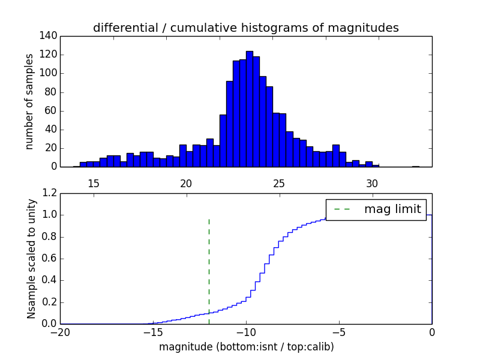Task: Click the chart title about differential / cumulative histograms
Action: (x=245, y=28)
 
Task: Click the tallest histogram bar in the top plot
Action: (x=249, y=108)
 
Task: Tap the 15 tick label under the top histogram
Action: (x=94, y=183)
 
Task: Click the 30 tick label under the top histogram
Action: (x=372, y=183)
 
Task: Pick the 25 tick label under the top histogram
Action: (x=279, y=183)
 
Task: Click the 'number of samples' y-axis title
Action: (x=29, y=101)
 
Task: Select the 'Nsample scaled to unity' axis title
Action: (x=31, y=259)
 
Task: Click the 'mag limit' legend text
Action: (x=392, y=209)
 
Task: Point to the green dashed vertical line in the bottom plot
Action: (x=209, y=270)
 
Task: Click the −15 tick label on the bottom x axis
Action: (x=153, y=332)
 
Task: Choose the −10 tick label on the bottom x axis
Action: (x=246, y=332)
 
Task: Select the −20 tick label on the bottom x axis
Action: (x=60, y=332)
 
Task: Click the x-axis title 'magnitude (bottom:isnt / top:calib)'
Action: (x=246, y=347)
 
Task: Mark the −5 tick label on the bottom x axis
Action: (x=339, y=332)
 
